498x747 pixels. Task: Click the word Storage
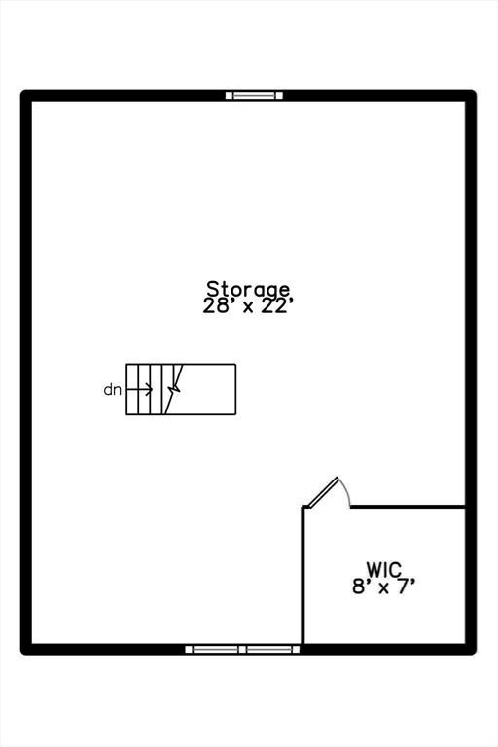248,290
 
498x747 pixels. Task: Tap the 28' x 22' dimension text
246,306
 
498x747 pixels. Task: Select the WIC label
384,569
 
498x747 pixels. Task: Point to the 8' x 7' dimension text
381,587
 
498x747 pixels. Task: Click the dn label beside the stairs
113,390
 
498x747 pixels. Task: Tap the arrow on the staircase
140,390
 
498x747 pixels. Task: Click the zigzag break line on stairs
174,389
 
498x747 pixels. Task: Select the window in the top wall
254,95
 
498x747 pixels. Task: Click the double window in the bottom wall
242,649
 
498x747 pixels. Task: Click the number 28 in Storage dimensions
213,306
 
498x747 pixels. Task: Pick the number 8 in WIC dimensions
358,587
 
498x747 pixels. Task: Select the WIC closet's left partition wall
302,576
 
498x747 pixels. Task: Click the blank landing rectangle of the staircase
207,389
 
